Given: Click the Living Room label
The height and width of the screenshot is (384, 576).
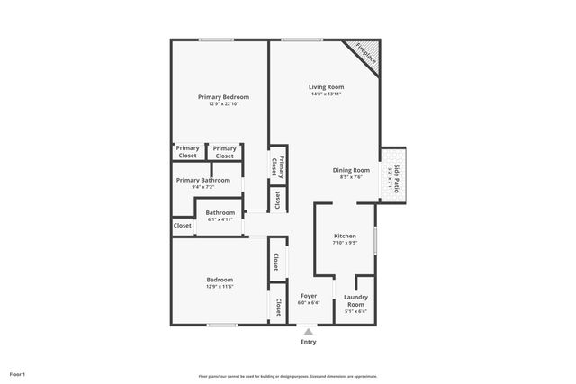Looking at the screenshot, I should coord(327,87).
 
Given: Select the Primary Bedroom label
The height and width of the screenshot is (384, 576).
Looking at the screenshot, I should coord(223,96).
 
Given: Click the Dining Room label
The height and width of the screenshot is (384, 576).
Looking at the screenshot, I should coord(350,170).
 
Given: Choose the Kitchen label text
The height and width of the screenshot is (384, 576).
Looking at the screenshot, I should coord(345,236).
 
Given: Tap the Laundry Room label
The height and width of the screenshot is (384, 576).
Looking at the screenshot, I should coord(355,299).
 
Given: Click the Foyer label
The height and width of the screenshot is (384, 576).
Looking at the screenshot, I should coord(309,295).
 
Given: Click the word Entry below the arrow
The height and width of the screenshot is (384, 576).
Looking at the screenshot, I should coord(309,342).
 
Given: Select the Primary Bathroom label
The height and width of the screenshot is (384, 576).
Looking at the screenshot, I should coord(203,180).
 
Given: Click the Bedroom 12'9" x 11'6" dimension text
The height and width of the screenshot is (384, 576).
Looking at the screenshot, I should coord(220,287).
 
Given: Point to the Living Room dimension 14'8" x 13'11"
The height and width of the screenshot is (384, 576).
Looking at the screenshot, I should coord(327,94).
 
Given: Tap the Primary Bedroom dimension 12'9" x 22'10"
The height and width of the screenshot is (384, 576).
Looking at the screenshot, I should coord(223,103).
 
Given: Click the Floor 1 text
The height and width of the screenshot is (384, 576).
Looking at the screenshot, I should coord(18,374).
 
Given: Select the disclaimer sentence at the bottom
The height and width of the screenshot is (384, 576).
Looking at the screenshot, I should coord(288,376).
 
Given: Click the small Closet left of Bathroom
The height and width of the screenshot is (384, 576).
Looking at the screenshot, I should coord(183,226).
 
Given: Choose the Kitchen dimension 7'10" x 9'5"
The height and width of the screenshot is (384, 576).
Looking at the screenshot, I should coord(345,243).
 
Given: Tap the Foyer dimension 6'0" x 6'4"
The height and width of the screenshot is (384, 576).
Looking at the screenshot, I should coord(309,303).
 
